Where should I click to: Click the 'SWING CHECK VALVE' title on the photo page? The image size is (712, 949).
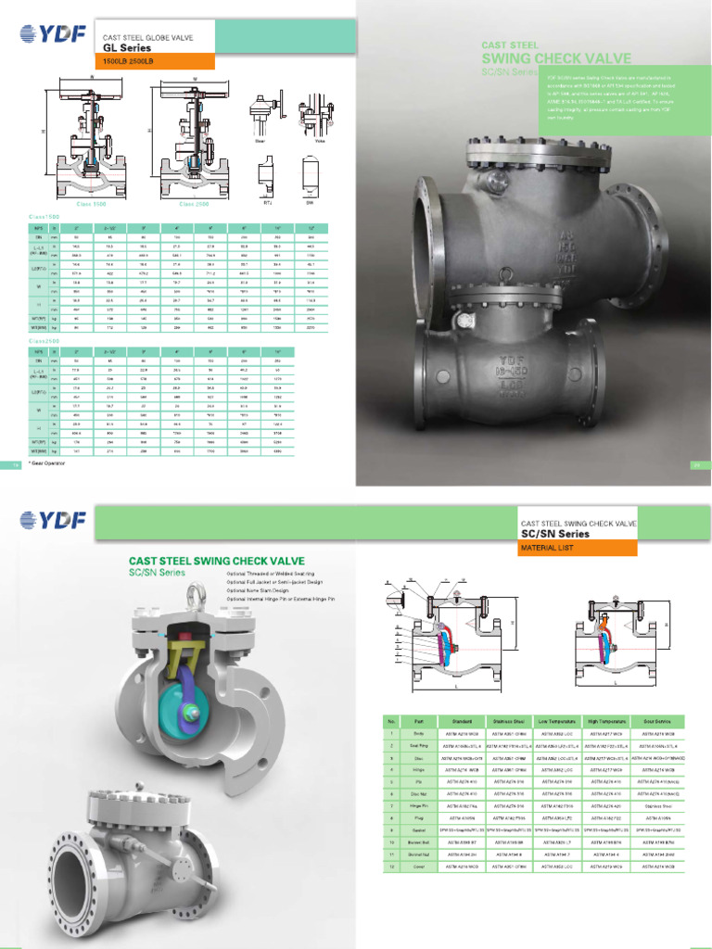tap(556, 58)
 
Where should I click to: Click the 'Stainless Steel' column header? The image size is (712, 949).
tap(508, 721)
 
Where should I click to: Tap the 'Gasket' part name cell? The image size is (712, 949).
tap(418, 829)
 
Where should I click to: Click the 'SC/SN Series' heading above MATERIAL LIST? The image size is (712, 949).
tap(554, 534)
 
